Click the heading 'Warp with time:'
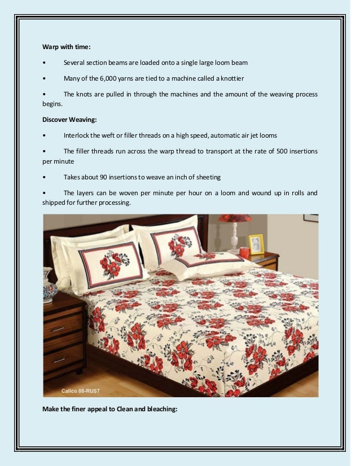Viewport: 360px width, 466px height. click(x=67, y=46)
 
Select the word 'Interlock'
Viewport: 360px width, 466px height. click(x=77, y=135)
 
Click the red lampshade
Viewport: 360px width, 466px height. click(x=234, y=218)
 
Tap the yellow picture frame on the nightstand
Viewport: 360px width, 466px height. click(x=256, y=244)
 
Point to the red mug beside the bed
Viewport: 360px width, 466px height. click(x=244, y=252)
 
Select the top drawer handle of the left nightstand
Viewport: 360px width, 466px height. click(x=59, y=329)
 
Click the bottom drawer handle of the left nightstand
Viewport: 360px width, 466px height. click(x=59, y=360)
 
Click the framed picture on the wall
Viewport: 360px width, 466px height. click(x=310, y=218)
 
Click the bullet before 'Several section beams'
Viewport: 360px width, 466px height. click(x=44, y=62)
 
